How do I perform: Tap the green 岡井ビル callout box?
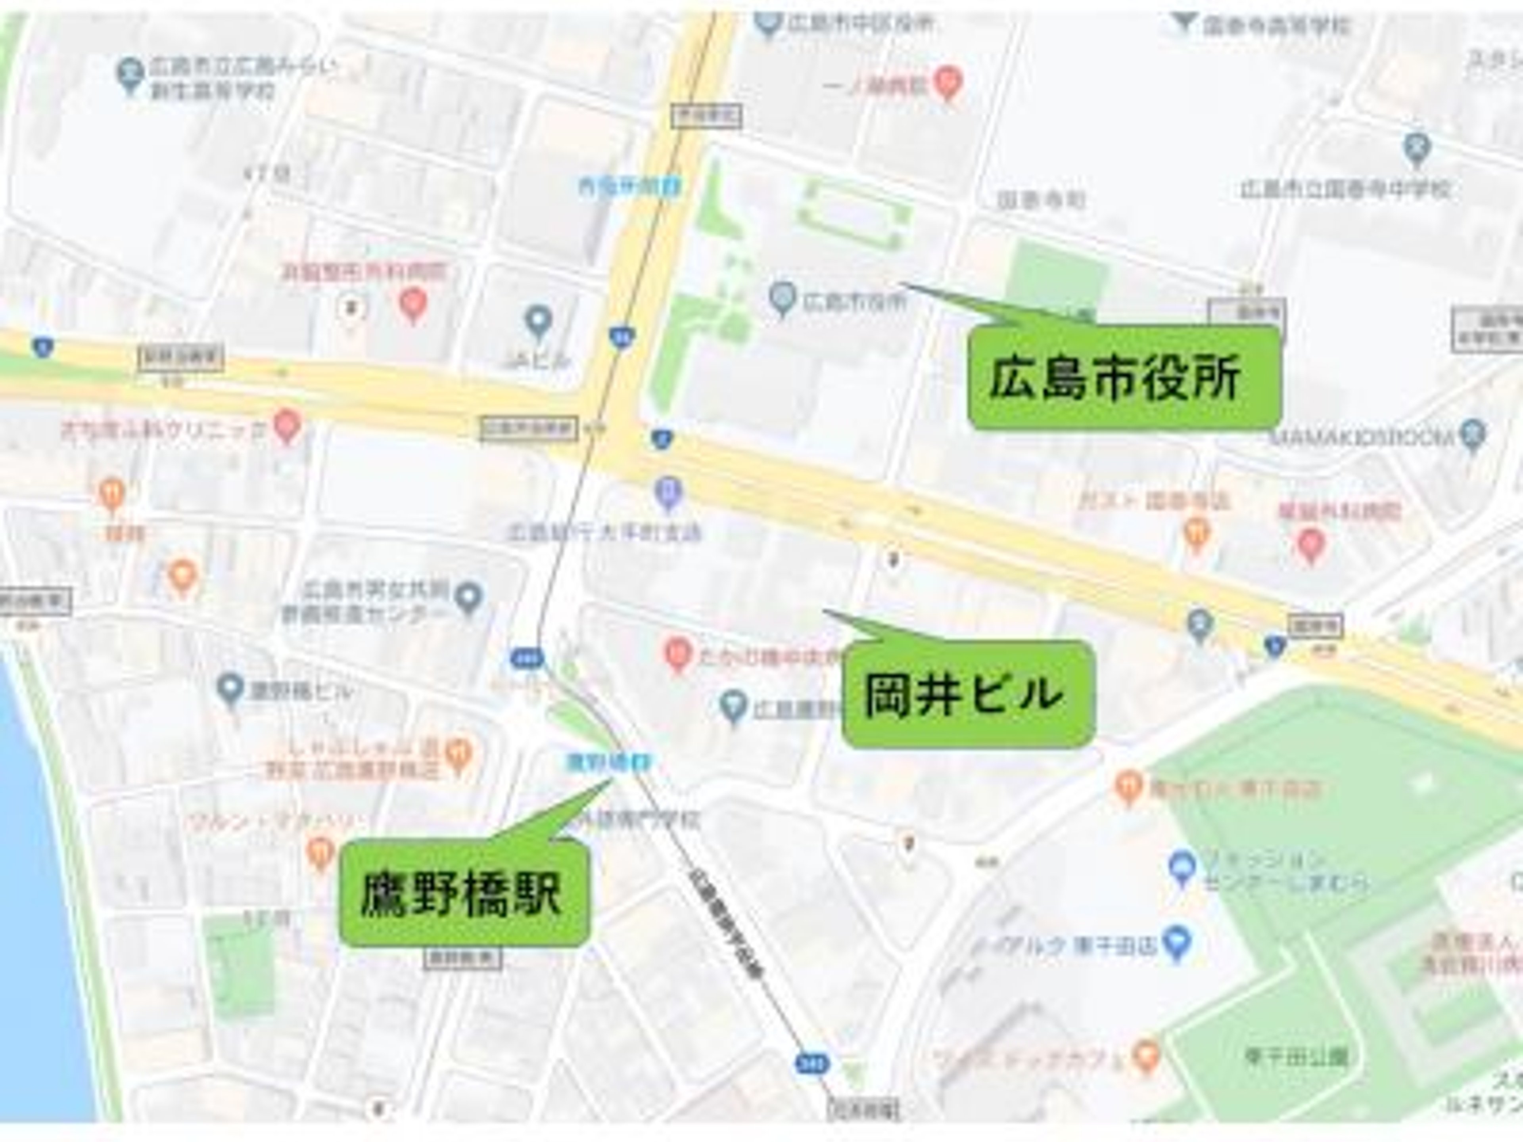[x=967, y=694]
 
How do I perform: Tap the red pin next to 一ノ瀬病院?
[x=948, y=82]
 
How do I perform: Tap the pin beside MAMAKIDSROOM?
[x=1473, y=434]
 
